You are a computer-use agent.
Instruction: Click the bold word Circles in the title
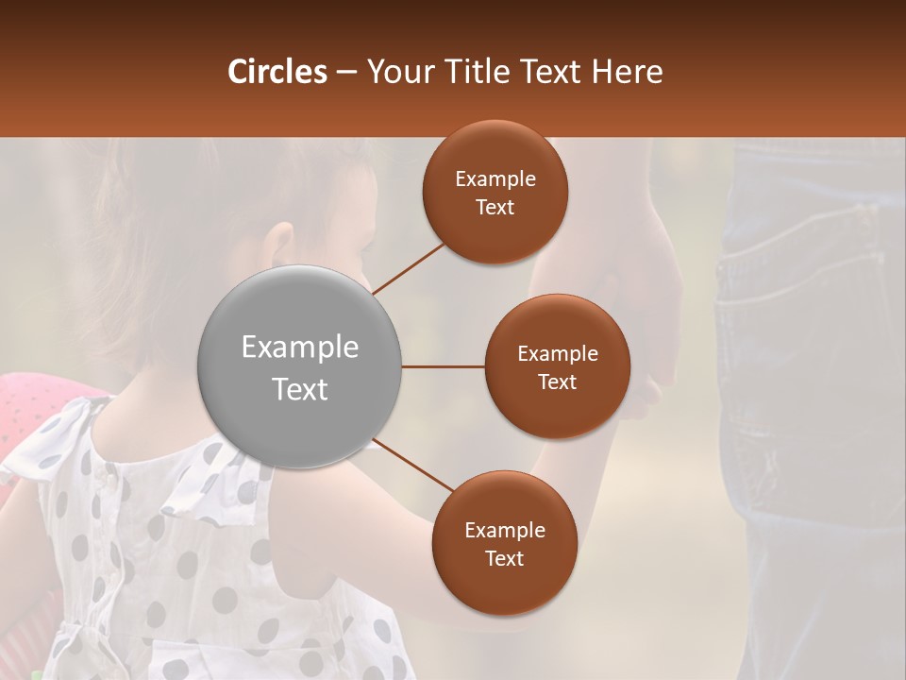(277, 72)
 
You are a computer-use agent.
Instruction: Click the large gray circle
(299, 366)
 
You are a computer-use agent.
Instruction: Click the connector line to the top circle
(409, 267)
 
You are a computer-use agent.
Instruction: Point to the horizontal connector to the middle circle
(443, 366)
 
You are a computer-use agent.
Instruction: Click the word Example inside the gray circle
(299, 347)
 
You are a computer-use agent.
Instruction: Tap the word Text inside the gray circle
(299, 389)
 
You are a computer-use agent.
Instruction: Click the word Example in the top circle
(495, 178)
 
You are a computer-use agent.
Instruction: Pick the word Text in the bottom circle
(504, 558)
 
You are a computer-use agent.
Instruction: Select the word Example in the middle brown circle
(557, 353)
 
